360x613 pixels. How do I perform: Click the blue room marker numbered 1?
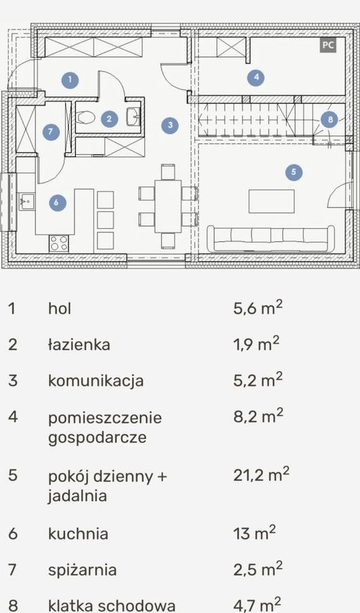point(71,80)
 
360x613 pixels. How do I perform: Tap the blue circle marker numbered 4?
point(256,77)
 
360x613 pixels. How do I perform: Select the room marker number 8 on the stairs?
point(330,120)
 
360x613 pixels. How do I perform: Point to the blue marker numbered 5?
point(293,172)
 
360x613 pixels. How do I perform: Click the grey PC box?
point(327,45)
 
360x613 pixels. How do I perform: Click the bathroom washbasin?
point(133,116)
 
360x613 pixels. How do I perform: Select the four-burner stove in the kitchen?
point(58,243)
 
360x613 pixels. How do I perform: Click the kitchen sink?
point(26,201)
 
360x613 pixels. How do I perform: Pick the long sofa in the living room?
point(270,239)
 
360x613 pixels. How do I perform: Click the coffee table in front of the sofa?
point(272,201)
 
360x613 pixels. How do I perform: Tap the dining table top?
point(168,206)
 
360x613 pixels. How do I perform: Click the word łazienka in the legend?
point(79,345)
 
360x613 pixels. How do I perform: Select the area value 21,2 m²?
point(262,475)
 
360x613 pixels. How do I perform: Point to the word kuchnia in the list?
point(78,533)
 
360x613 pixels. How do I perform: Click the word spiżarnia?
point(82,570)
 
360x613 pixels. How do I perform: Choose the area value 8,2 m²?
point(258,417)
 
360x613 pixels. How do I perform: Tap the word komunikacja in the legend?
point(96,381)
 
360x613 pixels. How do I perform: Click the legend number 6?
point(13,534)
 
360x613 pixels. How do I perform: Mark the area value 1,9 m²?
point(257,345)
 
